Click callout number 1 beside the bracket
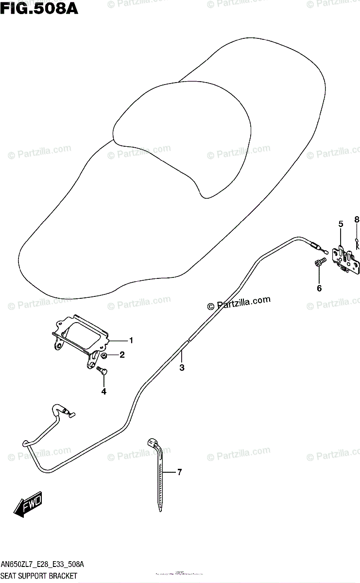tap(131, 340)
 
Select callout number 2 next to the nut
tap(122, 355)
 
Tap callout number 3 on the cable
tap(182, 368)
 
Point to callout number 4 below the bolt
tap(103, 391)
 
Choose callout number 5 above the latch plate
tap(341, 224)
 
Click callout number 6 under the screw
tap(319, 289)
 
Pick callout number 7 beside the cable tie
tap(179, 472)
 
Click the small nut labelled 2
tap(105, 357)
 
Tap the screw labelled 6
tap(318, 264)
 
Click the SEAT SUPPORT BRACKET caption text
tap(39, 576)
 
